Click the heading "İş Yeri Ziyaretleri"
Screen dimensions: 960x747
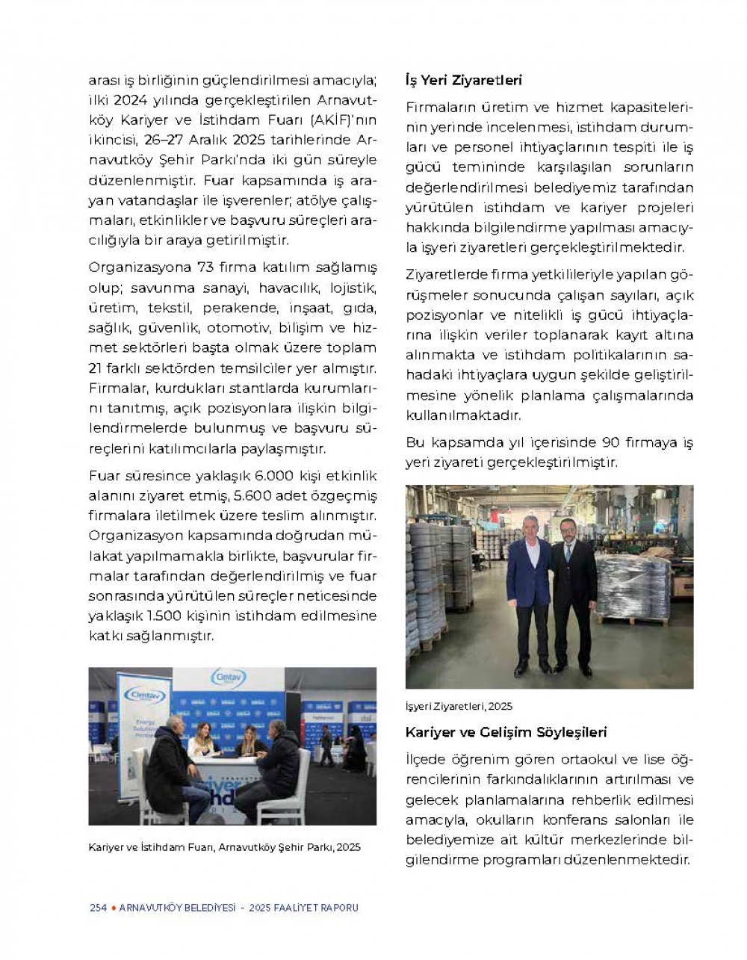[463, 80]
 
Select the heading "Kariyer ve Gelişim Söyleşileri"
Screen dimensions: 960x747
[506, 732]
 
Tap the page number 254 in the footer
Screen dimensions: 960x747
[98, 908]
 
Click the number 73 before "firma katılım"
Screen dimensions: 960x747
[205, 267]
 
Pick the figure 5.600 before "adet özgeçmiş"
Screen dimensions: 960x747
[252, 496]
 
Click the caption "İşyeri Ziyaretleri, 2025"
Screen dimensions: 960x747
[459, 706]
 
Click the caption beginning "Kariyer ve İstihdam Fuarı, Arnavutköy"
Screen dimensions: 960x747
[224, 847]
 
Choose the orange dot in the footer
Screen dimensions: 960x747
[113, 908]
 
